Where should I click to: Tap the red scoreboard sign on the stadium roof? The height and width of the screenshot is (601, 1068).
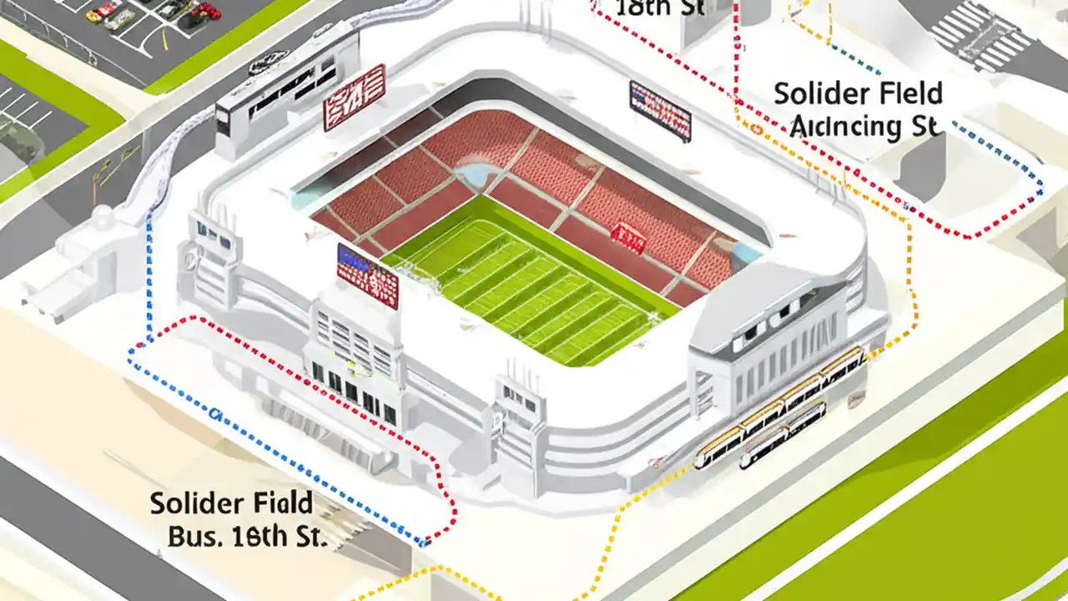[x=354, y=97]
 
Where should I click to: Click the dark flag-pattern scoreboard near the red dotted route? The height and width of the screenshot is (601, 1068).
[x=660, y=110]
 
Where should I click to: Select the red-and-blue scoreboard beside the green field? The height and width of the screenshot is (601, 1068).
[x=367, y=275]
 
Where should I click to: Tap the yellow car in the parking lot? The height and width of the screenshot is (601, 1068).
[x=95, y=16]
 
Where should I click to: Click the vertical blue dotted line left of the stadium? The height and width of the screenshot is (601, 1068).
[x=149, y=275]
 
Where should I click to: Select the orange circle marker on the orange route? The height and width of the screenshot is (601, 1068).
[x=756, y=129]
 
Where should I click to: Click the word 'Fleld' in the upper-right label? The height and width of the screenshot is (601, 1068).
[x=905, y=93]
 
